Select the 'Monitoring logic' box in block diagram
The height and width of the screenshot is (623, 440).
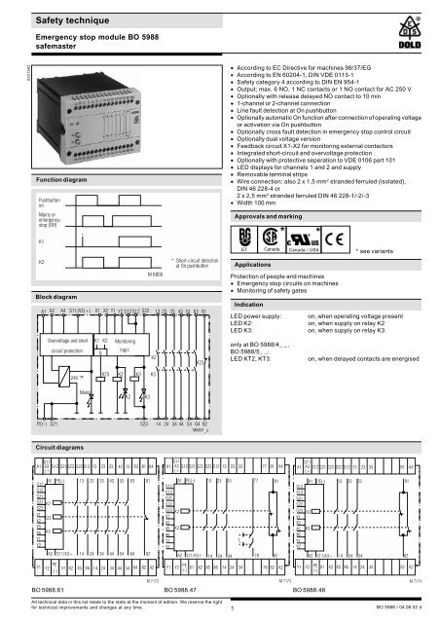(124, 348)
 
